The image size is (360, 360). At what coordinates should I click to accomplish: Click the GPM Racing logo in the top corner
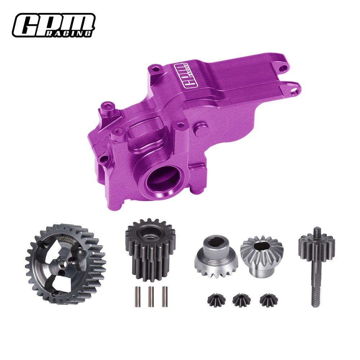point(54,25)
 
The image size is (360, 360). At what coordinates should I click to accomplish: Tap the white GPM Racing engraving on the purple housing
point(184,75)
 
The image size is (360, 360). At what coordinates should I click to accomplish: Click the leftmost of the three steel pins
point(138,296)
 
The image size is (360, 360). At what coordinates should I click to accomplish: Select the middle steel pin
point(151,296)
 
